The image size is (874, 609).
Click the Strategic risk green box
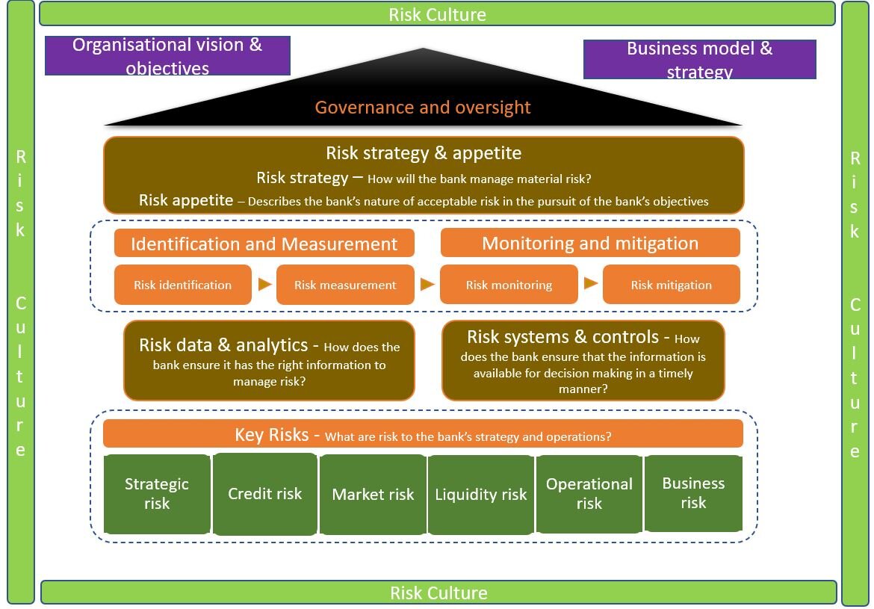click(157, 494)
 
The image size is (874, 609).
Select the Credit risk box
click(264, 494)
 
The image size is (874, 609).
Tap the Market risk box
click(373, 494)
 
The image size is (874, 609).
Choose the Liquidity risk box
click(481, 494)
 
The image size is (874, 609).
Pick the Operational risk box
click(589, 494)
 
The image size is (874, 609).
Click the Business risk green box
click(693, 493)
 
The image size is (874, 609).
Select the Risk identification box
click(182, 285)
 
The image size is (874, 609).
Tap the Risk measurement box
click(345, 285)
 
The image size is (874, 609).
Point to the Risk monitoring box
click(509, 285)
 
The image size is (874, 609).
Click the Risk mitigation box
click(671, 285)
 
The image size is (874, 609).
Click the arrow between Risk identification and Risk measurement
click(264, 285)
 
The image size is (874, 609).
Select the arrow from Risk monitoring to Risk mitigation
click(591, 283)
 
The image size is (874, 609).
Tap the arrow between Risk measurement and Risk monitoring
click(427, 285)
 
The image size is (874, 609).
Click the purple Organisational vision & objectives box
click(167, 56)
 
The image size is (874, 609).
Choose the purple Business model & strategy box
click(699, 59)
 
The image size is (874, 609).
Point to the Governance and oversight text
click(423, 107)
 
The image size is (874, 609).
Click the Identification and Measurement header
click(264, 244)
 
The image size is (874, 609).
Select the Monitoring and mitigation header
click(590, 243)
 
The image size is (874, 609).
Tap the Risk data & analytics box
click(269, 361)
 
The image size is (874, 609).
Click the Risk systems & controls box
click(583, 361)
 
